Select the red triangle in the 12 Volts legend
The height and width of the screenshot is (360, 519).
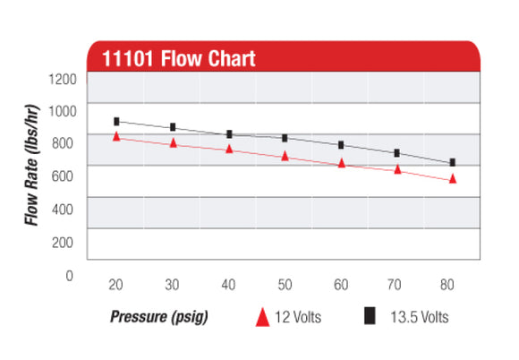(263, 316)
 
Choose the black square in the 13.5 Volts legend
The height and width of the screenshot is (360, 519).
(369, 315)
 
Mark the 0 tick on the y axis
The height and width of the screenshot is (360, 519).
(69, 275)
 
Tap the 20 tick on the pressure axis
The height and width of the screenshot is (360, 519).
(115, 284)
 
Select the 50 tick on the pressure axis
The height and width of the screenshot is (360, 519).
(285, 284)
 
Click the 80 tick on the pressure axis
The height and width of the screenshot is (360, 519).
(454, 284)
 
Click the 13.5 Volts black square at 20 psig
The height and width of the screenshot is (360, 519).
(116, 121)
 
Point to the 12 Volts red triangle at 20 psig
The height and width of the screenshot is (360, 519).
(116, 136)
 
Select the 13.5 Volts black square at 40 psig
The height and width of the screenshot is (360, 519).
(229, 134)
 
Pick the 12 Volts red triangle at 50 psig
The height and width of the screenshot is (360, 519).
(285, 156)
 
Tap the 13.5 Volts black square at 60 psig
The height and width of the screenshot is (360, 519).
(341, 145)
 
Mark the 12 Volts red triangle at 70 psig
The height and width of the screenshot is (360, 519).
(397, 168)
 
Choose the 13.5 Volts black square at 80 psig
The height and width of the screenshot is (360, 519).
(453, 162)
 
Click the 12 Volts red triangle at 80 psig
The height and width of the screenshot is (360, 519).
(453, 179)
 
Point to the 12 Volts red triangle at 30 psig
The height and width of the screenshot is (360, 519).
(173, 142)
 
